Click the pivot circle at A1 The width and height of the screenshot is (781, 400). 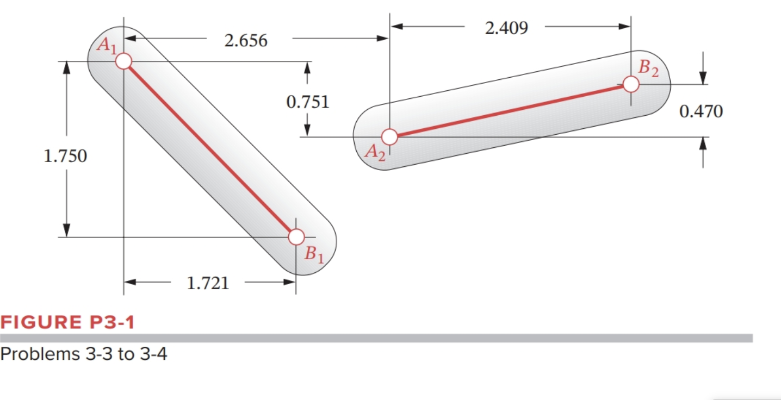tap(123, 61)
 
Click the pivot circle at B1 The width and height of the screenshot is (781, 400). tap(296, 237)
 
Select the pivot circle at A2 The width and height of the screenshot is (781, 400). tap(389, 136)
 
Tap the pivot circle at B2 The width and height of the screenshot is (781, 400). tap(631, 84)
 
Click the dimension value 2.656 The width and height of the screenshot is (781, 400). tap(246, 41)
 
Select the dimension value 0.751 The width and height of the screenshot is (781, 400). tap(308, 102)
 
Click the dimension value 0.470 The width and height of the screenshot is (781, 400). tap(701, 112)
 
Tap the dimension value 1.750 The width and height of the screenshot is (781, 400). tap(65, 156)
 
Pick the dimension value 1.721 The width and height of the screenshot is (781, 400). tap(208, 283)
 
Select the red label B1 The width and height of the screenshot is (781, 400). tap(313, 254)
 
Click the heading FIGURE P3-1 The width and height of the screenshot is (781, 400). tap(67, 322)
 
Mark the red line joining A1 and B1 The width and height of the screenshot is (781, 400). tap(209, 149)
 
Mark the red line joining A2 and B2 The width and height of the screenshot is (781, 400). tap(510, 110)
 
